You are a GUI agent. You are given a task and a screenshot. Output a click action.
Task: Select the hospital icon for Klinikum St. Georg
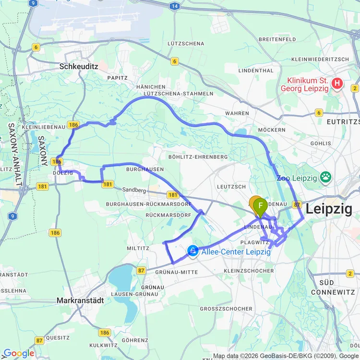(x=337, y=84)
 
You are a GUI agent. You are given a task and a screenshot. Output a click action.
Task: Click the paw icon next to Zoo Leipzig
(x=326, y=178)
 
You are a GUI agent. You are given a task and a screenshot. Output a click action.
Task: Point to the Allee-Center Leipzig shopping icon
(x=193, y=251)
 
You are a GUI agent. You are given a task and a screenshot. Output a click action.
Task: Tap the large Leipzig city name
(x=329, y=209)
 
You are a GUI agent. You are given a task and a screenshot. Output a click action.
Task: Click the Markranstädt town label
(x=80, y=300)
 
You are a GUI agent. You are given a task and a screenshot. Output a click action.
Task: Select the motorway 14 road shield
(x=174, y=6)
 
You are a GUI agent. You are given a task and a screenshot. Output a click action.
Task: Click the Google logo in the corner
(x=18, y=353)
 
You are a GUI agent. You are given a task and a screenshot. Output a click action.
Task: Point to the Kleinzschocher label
(x=249, y=271)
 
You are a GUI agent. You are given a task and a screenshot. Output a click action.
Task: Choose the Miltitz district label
(x=138, y=248)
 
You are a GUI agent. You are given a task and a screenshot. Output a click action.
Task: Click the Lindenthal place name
(x=256, y=71)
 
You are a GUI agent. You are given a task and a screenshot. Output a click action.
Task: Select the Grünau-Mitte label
(x=177, y=272)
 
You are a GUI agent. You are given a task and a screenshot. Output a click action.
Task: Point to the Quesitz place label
(x=58, y=337)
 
